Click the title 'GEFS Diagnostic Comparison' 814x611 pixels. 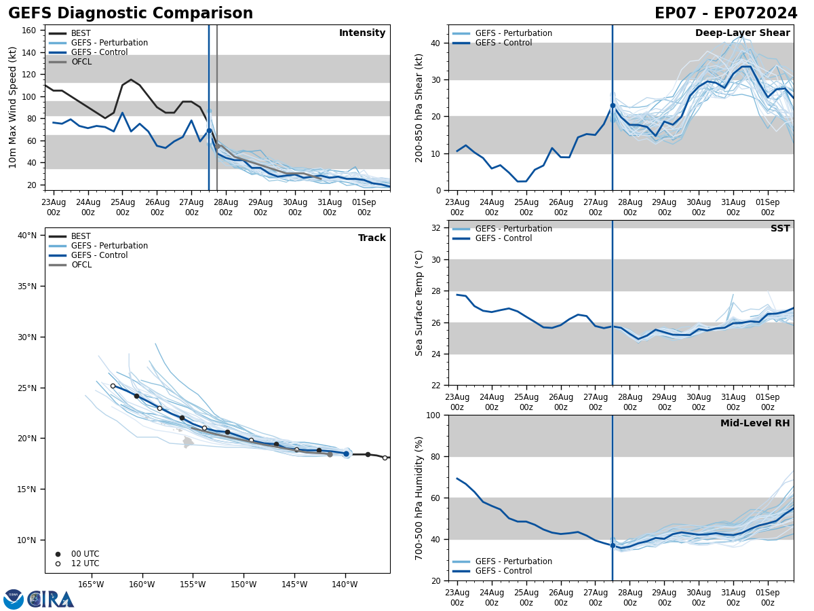point(130,14)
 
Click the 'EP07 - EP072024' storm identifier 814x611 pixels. point(726,14)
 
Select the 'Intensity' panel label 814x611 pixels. point(362,33)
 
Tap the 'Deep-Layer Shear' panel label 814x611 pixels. point(742,33)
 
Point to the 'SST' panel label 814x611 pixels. point(780,229)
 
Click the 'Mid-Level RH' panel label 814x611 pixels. point(755,424)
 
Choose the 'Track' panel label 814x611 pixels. point(372,238)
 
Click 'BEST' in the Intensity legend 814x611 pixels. point(81,33)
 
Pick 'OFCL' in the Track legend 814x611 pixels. point(81,265)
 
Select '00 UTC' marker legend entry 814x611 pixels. point(85,554)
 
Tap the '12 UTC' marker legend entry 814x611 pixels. point(85,563)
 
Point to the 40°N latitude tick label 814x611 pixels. point(27,236)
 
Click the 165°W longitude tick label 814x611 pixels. point(91,585)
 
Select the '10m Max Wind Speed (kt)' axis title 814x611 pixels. point(13,107)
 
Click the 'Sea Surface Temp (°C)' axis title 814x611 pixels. point(419,303)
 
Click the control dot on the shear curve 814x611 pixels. point(613,105)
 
